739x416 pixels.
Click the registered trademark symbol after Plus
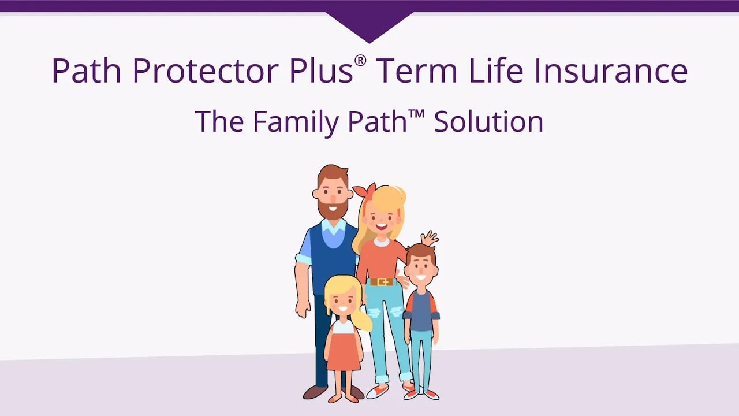[x=360, y=61]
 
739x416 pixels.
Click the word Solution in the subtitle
[x=488, y=122]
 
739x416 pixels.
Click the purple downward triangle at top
[x=369, y=27]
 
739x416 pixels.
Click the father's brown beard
[x=333, y=208]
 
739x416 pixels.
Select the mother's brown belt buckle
[x=382, y=282]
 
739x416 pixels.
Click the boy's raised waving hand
[x=430, y=237]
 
